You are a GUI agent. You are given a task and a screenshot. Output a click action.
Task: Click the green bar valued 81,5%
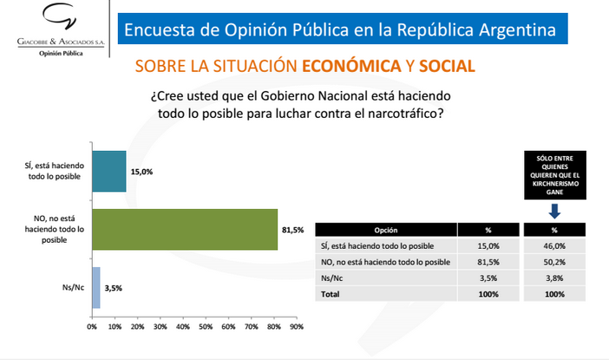click(184, 229)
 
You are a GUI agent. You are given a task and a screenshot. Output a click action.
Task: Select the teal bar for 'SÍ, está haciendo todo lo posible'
click(108, 172)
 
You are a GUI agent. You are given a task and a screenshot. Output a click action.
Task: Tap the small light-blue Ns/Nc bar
click(96, 287)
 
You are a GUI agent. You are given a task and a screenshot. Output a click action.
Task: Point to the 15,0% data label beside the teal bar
click(141, 172)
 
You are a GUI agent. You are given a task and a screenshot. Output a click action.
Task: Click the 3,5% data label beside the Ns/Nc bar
click(113, 287)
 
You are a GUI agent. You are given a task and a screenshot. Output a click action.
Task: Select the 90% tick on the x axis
click(296, 328)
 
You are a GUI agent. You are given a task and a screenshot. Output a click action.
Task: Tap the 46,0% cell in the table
click(554, 246)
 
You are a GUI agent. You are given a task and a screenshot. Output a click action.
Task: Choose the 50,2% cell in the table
click(554, 262)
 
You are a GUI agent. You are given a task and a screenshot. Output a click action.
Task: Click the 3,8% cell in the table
click(554, 278)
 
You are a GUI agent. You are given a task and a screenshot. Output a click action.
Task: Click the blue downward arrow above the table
click(554, 209)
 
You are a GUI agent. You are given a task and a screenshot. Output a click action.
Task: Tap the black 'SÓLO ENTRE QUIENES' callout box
click(554, 174)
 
